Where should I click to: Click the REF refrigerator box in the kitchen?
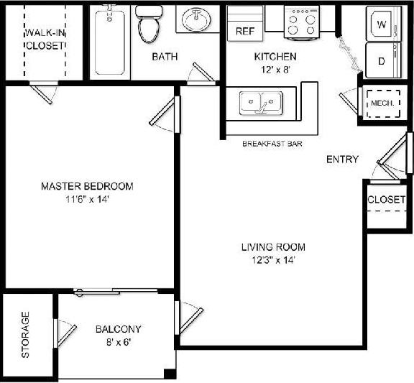pyautogui.click(x=245, y=32)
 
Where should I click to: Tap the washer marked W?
pyautogui.click(x=381, y=25)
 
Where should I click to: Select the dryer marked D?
pyautogui.click(x=381, y=60)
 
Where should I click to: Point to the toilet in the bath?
pyautogui.click(x=149, y=24)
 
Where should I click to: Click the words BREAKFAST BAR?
pyautogui.click(x=272, y=144)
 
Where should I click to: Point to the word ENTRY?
pyautogui.click(x=342, y=160)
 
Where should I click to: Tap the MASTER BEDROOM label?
pyautogui.click(x=87, y=186)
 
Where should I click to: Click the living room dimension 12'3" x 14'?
pyautogui.click(x=269, y=260)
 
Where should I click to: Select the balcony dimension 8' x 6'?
pyautogui.click(x=118, y=342)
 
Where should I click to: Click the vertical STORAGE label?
pyautogui.click(x=26, y=335)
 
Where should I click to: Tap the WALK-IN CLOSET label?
pyautogui.click(x=45, y=39)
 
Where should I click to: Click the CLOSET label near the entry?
pyautogui.click(x=386, y=199)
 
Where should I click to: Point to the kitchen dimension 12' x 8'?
pyautogui.click(x=275, y=70)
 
